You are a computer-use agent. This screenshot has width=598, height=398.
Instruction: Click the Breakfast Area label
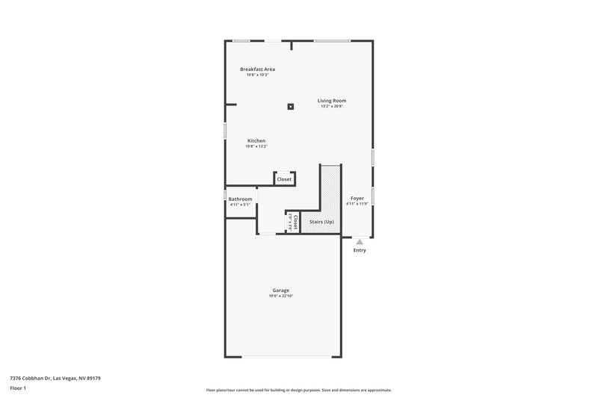257,69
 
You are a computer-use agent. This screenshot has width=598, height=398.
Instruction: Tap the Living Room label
331,100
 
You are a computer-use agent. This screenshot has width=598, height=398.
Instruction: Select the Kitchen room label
256,140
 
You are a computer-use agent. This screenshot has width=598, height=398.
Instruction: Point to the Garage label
281,290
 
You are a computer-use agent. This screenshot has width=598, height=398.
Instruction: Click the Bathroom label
240,199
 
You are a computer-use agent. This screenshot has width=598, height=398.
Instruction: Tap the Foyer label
357,198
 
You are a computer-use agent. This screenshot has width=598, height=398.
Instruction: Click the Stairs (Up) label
321,222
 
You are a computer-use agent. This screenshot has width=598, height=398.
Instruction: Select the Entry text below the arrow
360,250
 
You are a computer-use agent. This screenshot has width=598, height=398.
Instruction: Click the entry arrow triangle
360,242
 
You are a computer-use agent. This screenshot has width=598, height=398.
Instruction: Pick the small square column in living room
291,106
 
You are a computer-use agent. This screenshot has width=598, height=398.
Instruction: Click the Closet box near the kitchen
284,179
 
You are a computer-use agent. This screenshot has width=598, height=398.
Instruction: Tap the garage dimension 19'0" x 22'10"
281,296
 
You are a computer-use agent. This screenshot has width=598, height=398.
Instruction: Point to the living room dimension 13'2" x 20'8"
331,107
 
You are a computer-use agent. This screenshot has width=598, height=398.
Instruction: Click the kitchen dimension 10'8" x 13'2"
256,146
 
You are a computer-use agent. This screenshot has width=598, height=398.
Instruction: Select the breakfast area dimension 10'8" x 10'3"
257,75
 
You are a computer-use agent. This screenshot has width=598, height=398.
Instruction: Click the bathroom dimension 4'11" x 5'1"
240,205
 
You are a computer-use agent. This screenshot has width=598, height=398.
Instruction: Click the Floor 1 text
18,389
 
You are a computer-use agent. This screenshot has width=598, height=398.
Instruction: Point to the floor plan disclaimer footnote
298,390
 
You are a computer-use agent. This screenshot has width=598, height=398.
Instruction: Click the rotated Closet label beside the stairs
296,222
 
